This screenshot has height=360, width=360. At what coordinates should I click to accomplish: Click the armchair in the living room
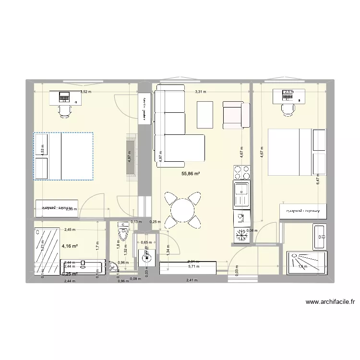coord(235,115)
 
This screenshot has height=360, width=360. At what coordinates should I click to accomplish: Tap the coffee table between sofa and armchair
coord(205,115)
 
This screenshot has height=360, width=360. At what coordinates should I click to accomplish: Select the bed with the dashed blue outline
coord(63,156)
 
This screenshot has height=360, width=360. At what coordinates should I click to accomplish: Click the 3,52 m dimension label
coord(86,92)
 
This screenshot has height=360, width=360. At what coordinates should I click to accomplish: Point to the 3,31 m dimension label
coord(200,92)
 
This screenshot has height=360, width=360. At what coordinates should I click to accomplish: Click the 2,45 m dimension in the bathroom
coord(70,230)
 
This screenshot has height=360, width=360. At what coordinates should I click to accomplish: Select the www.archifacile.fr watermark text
coord(329,302)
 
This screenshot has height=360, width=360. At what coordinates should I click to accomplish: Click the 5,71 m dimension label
coord(193,267)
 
